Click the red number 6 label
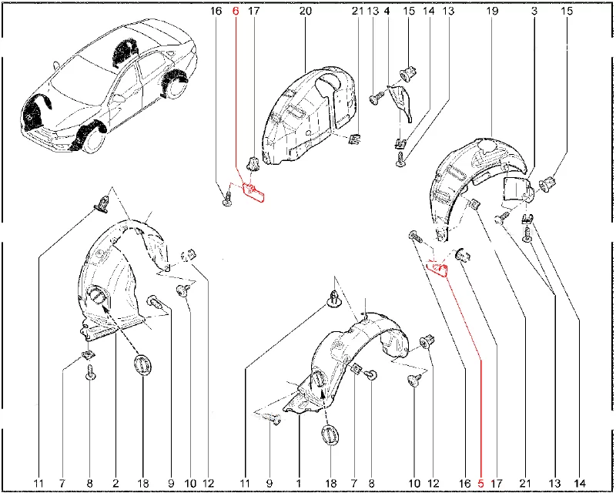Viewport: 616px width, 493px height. click(236, 12)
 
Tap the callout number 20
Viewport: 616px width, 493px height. click(306, 12)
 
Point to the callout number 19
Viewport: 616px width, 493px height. click(491, 12)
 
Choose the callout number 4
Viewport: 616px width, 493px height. click(387, 12)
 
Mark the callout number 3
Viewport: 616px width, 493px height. click(534, 12)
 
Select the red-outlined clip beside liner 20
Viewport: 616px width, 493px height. click(253, 190)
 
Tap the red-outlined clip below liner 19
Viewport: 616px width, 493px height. click(437, 267)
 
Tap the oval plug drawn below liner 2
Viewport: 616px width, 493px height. click(142, 366)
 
